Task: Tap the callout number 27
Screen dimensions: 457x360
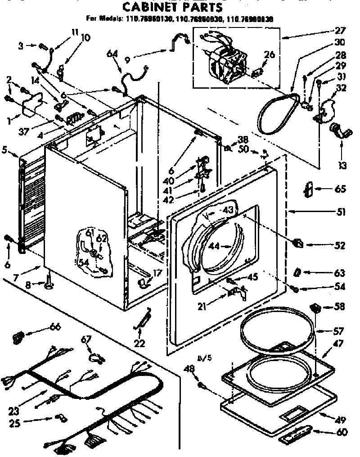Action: (340, 31)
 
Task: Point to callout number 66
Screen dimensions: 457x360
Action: (55, 327)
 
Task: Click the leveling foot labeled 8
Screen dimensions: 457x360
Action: (48, 284)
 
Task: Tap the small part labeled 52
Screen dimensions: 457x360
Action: (298, 244)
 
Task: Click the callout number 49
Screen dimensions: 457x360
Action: (340, 420)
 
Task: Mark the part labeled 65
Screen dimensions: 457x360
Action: (309, 190)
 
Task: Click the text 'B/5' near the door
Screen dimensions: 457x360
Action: (203, 358)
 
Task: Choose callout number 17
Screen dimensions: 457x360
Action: (157, 273)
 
